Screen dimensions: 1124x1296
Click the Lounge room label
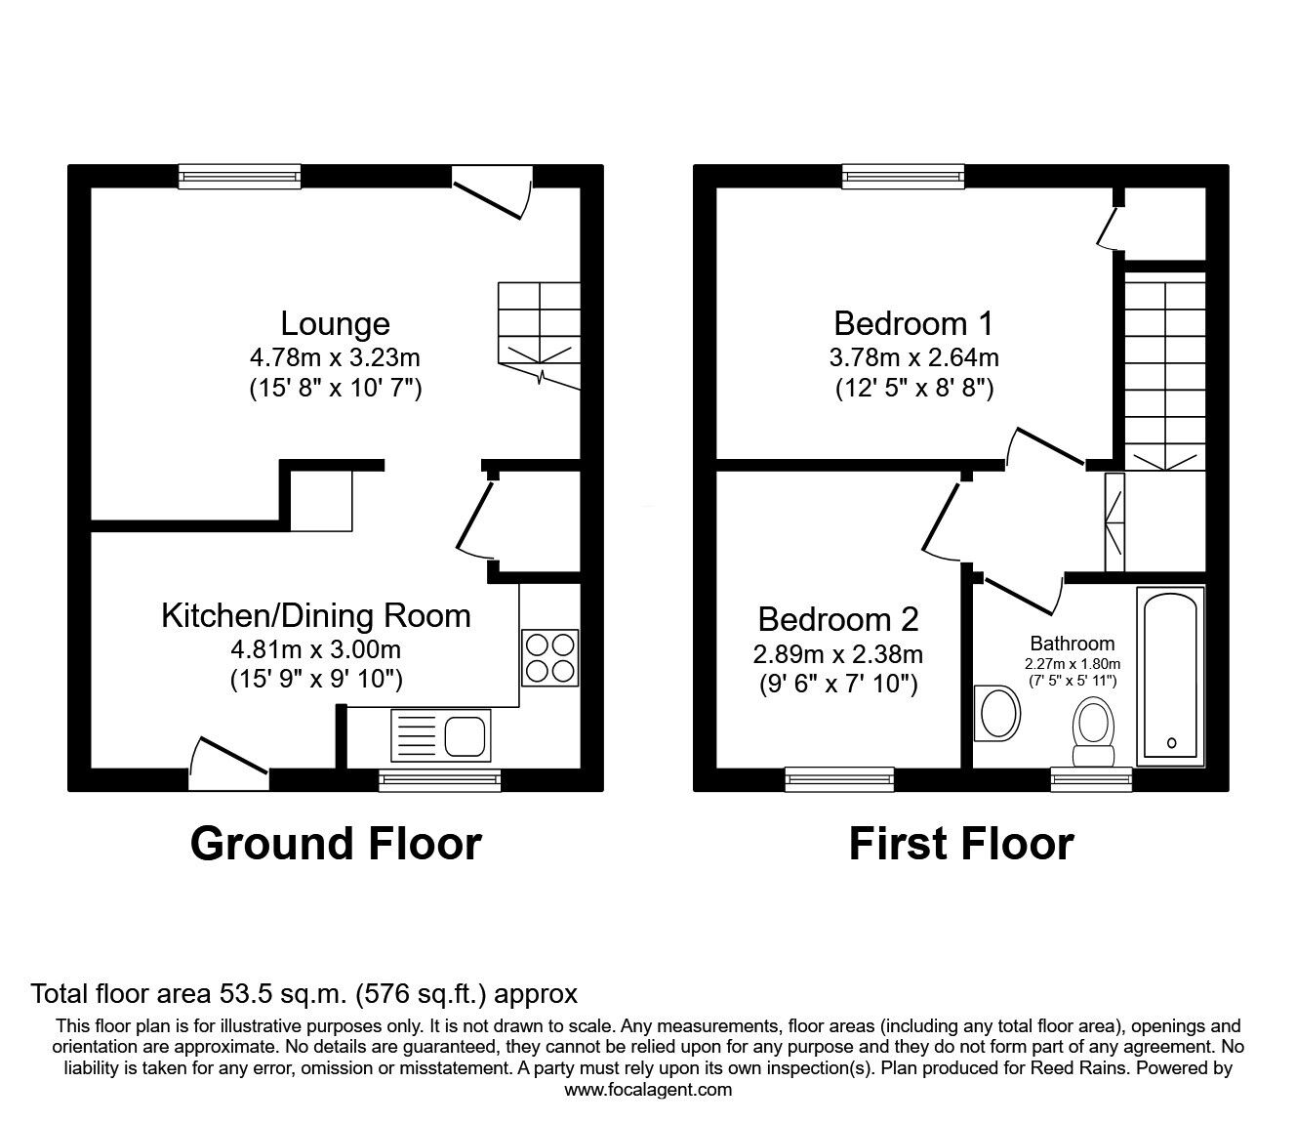(x=335, y=323)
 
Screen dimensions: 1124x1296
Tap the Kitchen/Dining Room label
(x=315, y=615)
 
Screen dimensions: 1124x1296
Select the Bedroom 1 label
(x=913, y=322)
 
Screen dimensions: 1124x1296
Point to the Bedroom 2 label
(x=838, y=619)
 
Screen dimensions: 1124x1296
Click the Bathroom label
(x=1072, y=644)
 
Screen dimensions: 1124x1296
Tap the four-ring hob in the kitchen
(x=550, y=657)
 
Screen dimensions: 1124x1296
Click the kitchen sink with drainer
(x=441, y=735)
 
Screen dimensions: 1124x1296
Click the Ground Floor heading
(x=336, y=844)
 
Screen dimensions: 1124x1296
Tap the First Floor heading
(x=960, y=844)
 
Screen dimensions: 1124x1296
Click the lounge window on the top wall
(x=239, y=176)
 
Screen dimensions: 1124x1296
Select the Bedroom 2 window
(x=839, y=778)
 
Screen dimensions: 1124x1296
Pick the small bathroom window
(x=1091, y=778)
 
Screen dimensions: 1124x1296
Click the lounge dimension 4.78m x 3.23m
(x=335, y=357)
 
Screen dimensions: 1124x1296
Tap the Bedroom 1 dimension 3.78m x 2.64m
(x=913, y=357)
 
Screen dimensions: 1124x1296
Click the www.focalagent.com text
(x=648, y=1090)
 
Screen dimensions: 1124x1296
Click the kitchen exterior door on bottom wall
(x=228, y=767)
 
